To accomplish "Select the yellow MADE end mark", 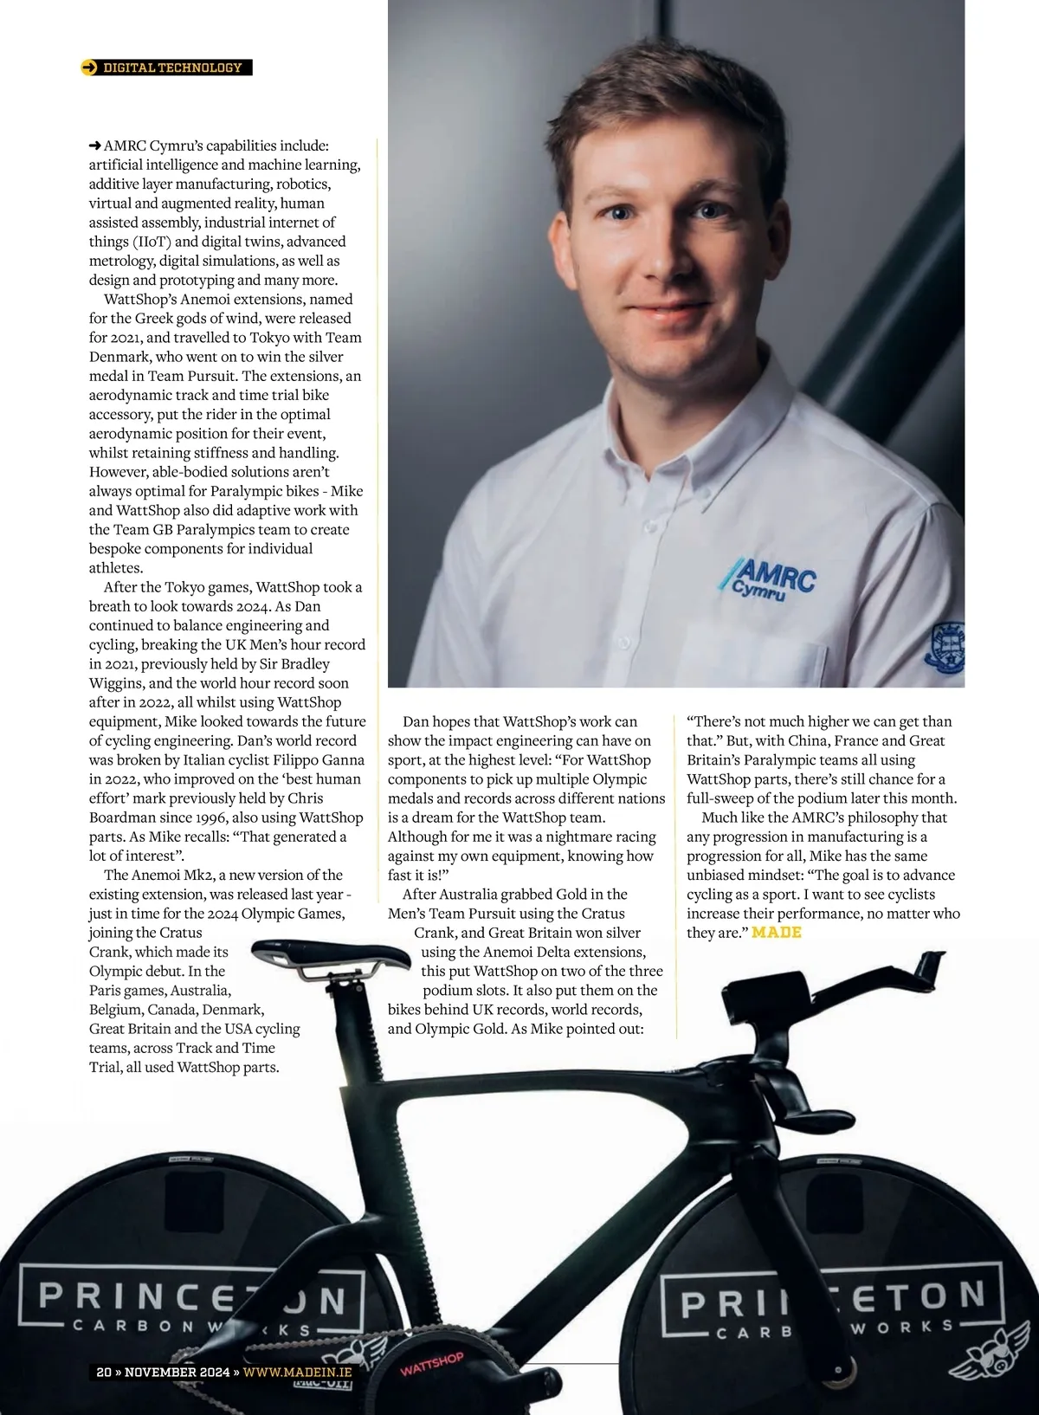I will coord(777,933).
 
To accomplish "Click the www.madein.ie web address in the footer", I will coord(297,1372).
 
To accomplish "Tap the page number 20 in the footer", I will coord(104,1372).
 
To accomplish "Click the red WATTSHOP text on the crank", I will coord(432,1365).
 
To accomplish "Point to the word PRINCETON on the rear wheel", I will coord(192,1299).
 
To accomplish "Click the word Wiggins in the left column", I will coord(117,683).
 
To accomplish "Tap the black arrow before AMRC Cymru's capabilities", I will coord(95,145).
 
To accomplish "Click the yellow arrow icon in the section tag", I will coord(89,68).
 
